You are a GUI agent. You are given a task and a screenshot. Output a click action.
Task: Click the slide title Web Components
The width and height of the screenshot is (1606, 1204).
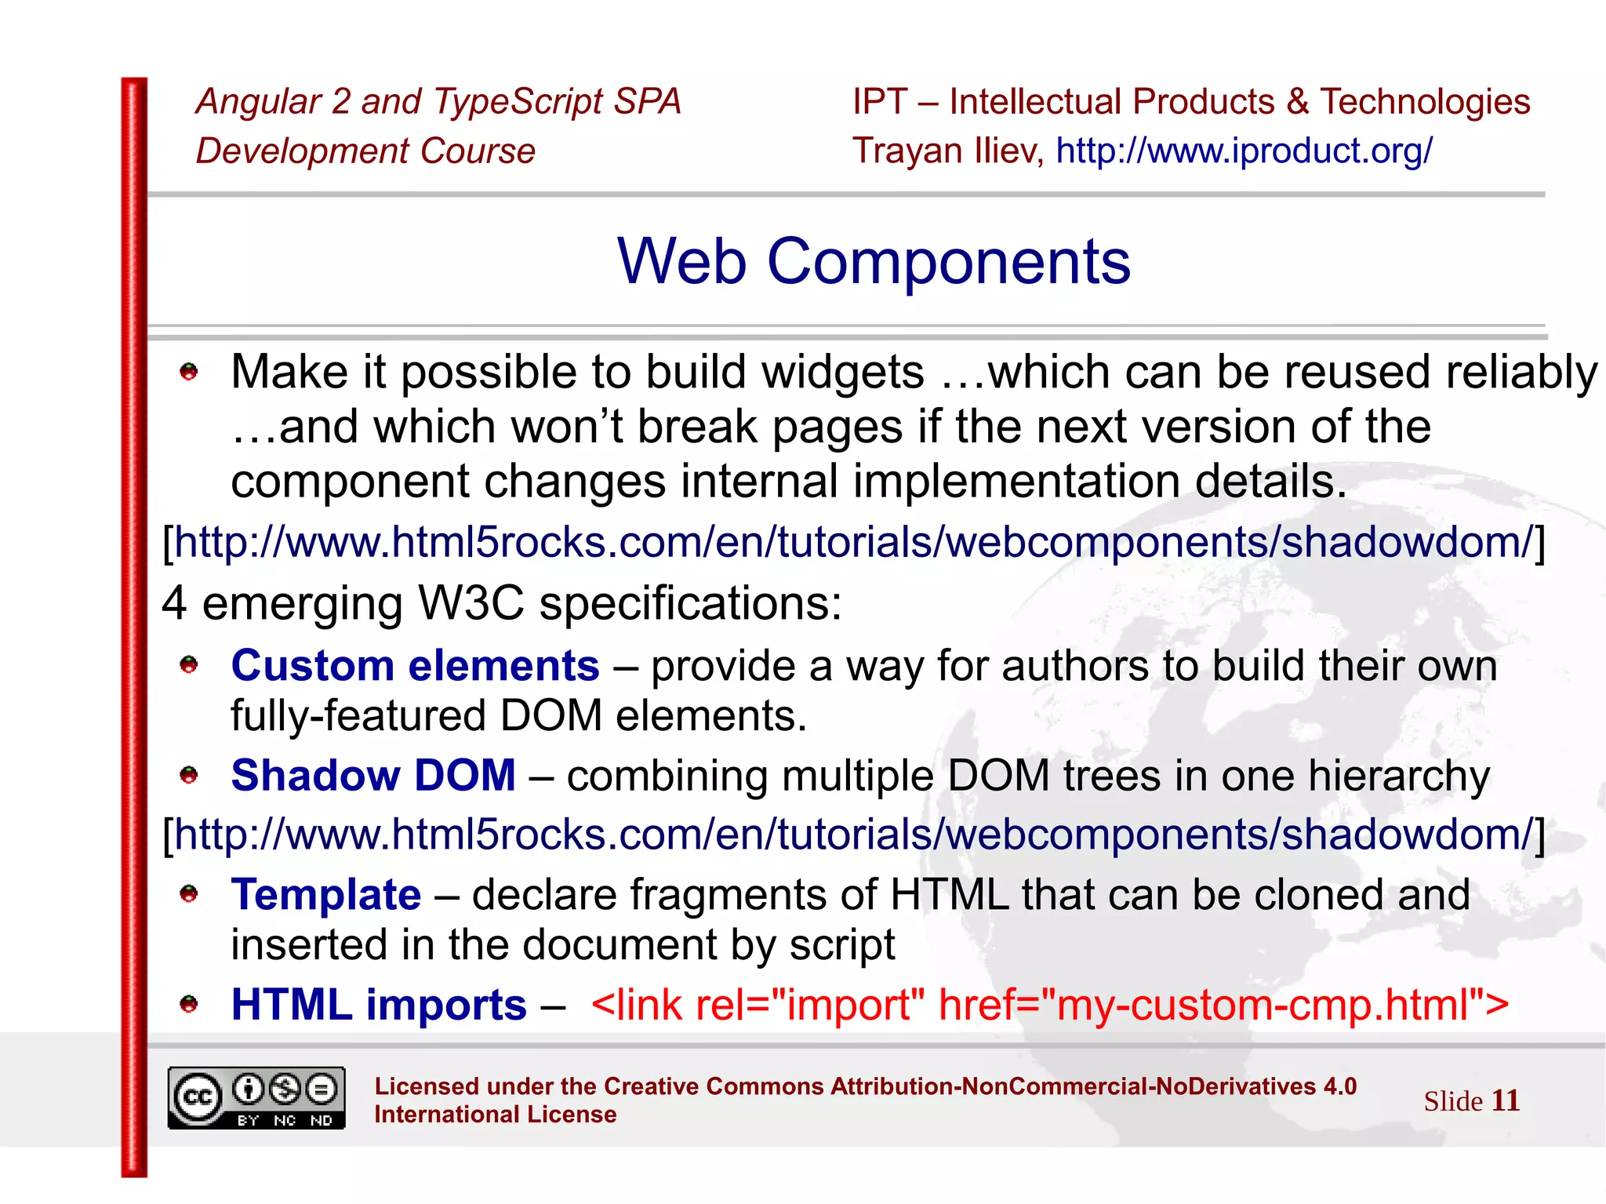coord(874,262)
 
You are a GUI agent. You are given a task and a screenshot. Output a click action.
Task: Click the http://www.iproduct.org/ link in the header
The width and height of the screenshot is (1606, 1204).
coord(1244,151)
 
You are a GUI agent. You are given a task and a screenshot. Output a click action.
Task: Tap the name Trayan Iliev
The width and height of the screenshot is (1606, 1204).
coord(947,151)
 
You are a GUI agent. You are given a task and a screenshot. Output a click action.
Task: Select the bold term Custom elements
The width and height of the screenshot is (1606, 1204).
coord(415,666)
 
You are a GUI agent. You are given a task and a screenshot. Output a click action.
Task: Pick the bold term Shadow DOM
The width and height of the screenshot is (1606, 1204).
coord(373,776)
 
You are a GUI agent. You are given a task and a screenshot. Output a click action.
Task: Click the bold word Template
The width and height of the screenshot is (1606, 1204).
coord(326,895)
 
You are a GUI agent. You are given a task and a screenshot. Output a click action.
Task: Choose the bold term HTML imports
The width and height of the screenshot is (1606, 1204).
coord(379,1005)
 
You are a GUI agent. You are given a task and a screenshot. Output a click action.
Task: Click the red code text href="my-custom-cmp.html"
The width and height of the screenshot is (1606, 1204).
coord(1223,1005)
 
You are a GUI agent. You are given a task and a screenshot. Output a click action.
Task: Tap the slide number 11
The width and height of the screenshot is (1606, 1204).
coord(1505,1100)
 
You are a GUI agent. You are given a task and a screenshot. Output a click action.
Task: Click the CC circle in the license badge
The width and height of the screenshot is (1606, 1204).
coord(197,1097)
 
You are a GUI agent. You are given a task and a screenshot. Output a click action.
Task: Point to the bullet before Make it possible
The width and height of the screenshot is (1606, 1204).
coord(189,372)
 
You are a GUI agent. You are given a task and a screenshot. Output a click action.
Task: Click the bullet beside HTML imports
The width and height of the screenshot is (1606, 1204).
coord(189,1004)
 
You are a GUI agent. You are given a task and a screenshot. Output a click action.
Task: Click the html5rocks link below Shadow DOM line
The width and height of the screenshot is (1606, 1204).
coord(853,835)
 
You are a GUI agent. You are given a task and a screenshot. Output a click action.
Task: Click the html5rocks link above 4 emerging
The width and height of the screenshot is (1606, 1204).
coord(853,543)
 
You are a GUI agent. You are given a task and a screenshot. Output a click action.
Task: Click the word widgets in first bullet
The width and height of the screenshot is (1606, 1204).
coord(843,372)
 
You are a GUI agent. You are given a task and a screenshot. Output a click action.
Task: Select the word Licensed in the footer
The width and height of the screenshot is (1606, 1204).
coord(427,1086)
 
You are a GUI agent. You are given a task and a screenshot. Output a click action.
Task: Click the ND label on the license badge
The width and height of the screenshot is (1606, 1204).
coord(322,1121)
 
